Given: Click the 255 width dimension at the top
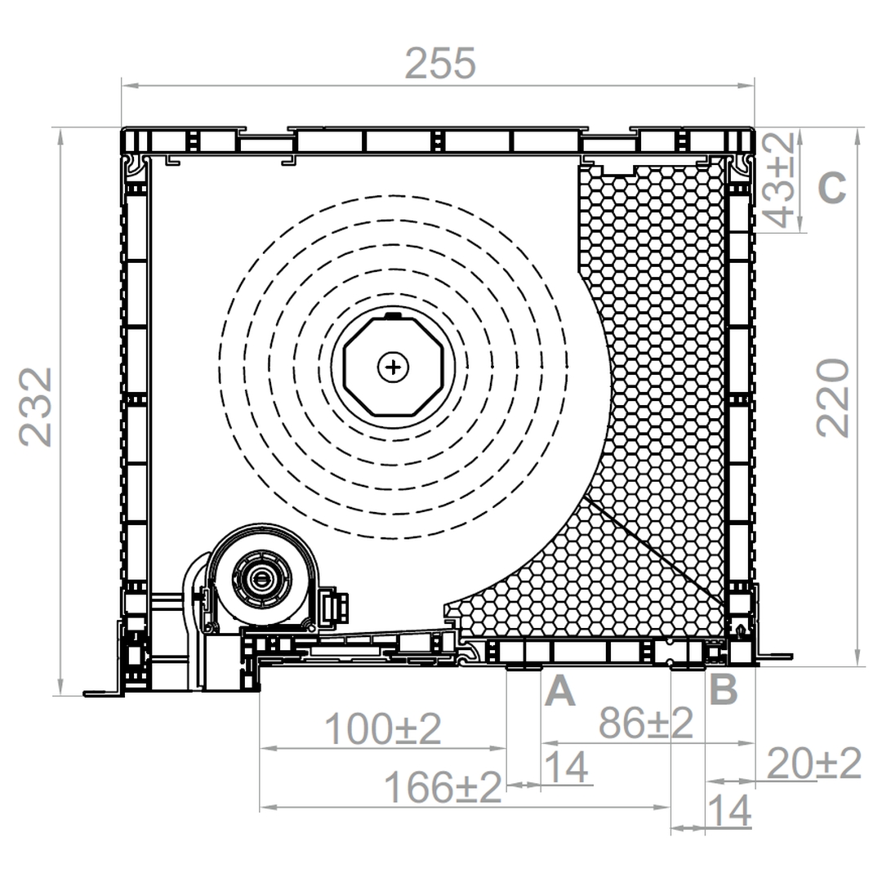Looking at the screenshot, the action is tap(440, 64).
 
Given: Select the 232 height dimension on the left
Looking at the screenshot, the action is tap(35, 407).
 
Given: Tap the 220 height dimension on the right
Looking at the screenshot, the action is tap(832, 398).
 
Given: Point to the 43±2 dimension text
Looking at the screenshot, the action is tap(780, 180).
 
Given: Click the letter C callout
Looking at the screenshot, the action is tap(832, 187).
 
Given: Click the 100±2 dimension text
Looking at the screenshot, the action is tap(383, 728).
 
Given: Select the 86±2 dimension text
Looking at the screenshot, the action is tap(645, 723).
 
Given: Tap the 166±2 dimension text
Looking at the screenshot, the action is tap(443, 787).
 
